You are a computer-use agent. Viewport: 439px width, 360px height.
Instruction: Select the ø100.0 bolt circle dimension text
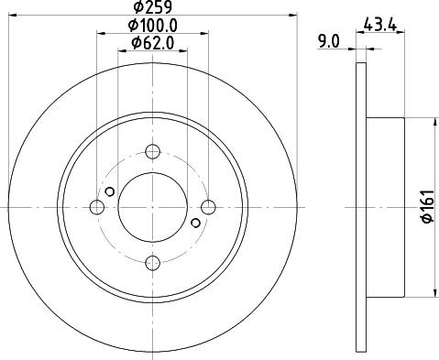click(x=152, y=27)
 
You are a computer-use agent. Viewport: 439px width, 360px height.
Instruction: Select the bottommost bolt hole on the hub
click(x=153, y=263)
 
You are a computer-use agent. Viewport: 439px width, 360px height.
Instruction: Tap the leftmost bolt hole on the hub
click(x=96, y=206)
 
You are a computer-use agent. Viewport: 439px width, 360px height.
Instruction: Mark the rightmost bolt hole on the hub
click(x=210, y=206)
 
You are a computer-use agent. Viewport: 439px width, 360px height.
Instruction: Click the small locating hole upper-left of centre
click(x=110, y=191)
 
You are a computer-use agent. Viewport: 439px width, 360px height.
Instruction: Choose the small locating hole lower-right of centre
click(x=195, y=221)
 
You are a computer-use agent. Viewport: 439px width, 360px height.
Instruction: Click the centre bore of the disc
click(x=153, y=206)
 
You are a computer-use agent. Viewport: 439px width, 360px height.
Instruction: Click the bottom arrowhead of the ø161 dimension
click(x=431, y=293)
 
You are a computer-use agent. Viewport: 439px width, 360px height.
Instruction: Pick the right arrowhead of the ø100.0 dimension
click(x=206, y=36)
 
